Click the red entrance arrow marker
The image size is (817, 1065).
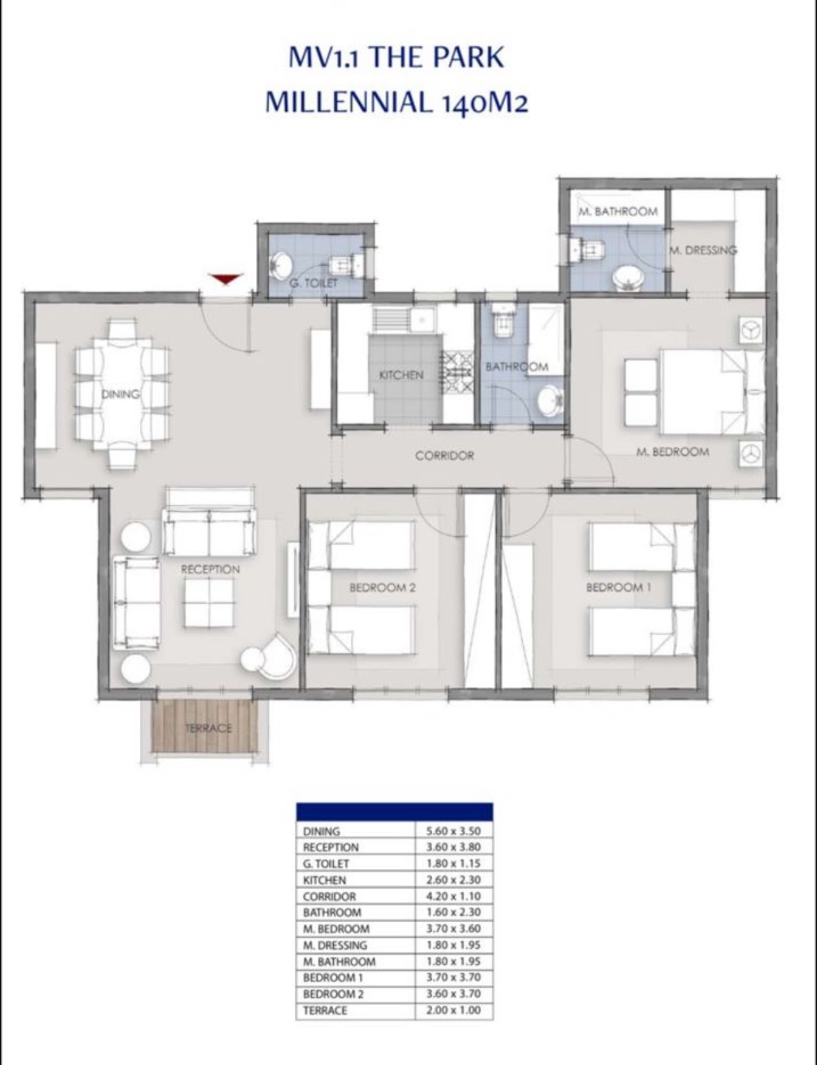(x=227, y=278)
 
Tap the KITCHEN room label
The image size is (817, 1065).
(x=401, y=375)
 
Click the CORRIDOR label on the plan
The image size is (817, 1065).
(x=445, y=456)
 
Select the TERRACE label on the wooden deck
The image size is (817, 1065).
(x=208, y=728)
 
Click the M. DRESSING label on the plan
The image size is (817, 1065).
(x=703, y=250)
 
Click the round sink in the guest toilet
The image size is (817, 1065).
(x=282, y=265)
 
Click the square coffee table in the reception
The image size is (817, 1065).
(x=209, y=602)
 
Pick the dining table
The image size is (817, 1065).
(x=121, y=394)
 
